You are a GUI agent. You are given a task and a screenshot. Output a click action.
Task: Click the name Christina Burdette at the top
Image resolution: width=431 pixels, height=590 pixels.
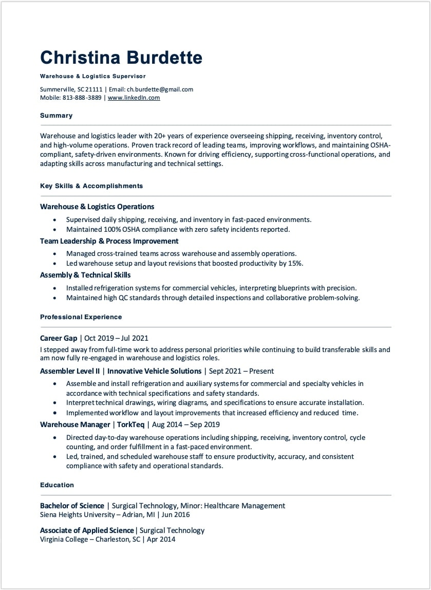click(121, 58)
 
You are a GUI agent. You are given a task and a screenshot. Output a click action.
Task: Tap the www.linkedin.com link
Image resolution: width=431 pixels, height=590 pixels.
click(134, 98)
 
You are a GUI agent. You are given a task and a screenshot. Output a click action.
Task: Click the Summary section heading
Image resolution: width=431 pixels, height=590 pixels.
click(56, 116)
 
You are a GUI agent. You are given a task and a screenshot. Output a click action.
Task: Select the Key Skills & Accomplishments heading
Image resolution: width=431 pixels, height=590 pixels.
click(91, 186)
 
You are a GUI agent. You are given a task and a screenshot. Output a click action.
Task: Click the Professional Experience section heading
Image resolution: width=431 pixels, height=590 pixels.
click(81, 317)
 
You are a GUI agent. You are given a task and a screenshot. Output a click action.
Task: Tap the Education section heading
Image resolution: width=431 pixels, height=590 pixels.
click(57, 485)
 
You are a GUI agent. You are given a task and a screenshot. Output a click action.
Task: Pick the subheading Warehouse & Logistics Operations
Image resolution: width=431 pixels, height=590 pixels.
click(97, 207)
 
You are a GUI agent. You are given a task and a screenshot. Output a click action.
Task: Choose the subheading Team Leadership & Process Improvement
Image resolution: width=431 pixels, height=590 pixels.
click(109, 241)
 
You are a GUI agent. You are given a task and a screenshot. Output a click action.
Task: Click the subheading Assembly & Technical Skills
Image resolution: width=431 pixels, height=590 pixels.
click(85, 275)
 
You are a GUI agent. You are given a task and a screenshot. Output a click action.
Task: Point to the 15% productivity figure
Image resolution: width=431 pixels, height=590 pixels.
click(294, 263)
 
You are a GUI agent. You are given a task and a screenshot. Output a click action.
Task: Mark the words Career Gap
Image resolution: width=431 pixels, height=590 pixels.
click(59, 338)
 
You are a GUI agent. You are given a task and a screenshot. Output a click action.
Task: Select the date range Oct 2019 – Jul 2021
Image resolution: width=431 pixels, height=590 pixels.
click(116, 338)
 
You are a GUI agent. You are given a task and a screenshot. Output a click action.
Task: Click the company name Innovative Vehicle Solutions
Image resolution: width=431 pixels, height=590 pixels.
click(154, 371)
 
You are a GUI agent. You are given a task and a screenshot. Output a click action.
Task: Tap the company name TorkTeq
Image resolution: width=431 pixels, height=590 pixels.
click(130, 425)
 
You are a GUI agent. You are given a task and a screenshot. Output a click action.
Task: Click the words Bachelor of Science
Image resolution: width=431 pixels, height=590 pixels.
click(72, 506)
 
